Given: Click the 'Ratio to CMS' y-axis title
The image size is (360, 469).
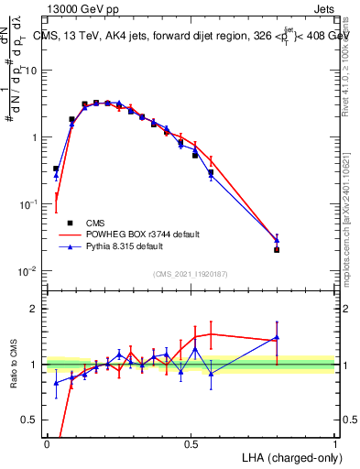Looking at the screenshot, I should (14, 365).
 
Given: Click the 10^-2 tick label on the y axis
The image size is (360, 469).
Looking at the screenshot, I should (28, 271).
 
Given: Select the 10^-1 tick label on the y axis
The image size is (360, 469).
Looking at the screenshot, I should (28, 204).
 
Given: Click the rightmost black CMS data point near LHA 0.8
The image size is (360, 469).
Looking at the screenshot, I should (277, 249).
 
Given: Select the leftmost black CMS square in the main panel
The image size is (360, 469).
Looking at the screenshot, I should (56, 169).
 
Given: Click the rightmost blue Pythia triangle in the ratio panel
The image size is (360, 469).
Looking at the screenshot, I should (277, 337).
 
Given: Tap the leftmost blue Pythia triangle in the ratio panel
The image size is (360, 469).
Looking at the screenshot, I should (56, 383).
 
